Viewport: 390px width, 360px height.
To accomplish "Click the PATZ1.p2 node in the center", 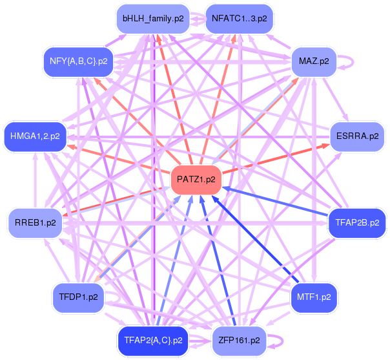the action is click(x=196, y=180).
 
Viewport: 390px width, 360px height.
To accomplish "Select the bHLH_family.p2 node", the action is click(x=153, y=19).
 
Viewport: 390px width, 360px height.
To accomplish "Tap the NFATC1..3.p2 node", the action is click(x=240, y=19).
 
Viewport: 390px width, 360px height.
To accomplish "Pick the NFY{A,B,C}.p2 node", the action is click(x=78, y=61).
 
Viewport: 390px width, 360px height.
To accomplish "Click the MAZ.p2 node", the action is click(x=314, y=61).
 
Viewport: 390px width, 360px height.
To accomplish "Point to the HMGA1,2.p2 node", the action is click(x=35, y=136).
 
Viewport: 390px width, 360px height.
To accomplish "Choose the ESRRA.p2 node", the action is click(x=357, y=136).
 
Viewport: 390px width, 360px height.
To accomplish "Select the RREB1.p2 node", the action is click(x=35, y=222).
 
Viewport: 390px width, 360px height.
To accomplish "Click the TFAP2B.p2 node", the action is click(x=357, y=222).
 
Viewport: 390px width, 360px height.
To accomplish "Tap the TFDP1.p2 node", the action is click(x=78, y=297).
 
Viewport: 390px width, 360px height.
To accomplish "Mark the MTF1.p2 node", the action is click(x=314, y=297).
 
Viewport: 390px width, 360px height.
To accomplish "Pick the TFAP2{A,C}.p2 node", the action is click(x=153, y=341).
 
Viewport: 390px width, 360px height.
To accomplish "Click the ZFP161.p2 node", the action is click(x=240, y=341).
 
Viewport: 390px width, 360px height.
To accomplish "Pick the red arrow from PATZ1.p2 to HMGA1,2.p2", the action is click(x=119, y=159).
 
